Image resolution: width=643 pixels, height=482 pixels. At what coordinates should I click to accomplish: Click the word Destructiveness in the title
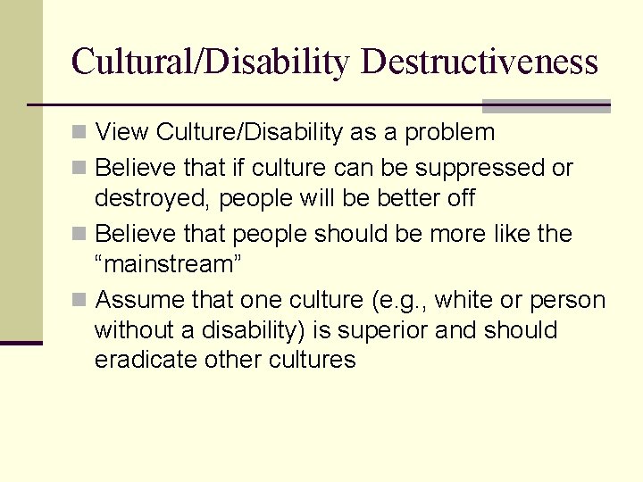(480, 62)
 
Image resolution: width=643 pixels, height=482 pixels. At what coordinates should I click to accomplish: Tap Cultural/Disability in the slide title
(213, 62)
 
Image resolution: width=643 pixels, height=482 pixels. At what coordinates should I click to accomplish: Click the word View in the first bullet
(121, 133)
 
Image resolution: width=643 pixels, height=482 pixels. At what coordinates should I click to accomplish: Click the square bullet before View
(79, 134)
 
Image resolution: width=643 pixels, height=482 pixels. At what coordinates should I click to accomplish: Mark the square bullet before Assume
(79, 300)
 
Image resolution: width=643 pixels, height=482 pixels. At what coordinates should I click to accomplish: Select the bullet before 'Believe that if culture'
(79, 169)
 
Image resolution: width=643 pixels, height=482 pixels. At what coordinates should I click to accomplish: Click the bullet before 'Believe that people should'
(79, 235)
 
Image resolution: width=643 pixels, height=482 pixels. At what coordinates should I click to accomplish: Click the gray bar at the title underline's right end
(547, 106)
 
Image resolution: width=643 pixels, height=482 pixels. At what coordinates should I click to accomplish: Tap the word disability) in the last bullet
(238, 330)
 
